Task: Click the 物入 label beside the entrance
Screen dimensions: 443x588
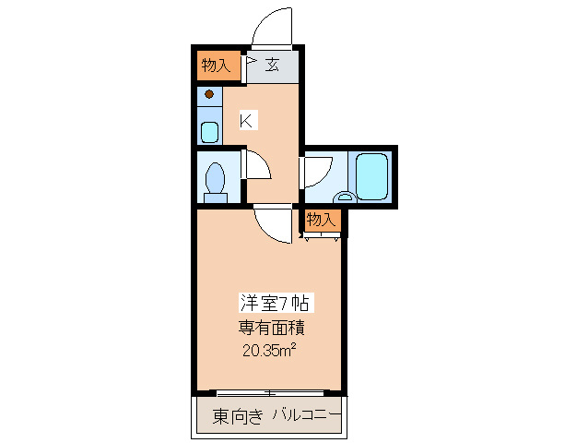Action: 216,66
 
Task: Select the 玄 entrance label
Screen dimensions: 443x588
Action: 273,65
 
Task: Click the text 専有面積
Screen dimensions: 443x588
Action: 272,327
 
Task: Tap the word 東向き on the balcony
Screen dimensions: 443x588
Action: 236,416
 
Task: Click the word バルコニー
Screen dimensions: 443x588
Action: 306,416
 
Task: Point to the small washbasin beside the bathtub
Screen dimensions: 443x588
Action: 344,196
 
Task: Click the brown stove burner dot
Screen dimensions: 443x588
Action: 209,94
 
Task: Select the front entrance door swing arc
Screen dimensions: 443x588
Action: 271,26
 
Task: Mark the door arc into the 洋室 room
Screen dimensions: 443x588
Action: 275,223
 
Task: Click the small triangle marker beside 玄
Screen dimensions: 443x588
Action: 250,64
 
